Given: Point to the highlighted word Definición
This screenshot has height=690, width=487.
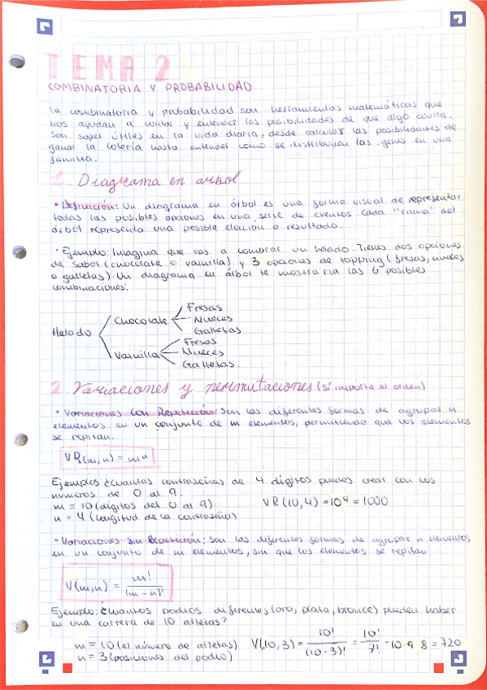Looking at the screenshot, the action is (80, 205).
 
